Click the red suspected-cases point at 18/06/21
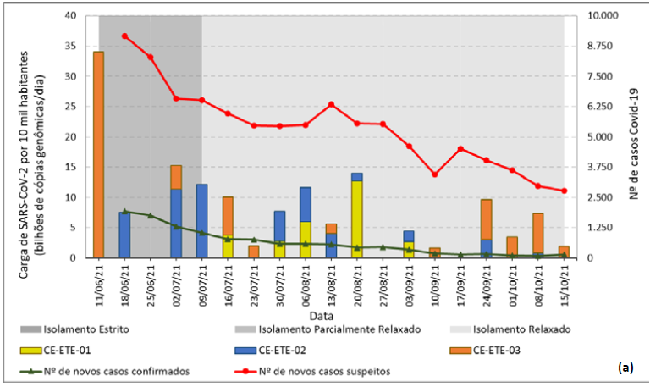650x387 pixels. point(124,36)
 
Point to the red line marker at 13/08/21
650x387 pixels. point(331,104)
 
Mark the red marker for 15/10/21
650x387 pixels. point(564,191)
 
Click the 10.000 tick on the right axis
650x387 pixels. point(592,16)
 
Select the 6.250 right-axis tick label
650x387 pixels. point(590,107)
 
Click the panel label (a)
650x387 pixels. point(625,368)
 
